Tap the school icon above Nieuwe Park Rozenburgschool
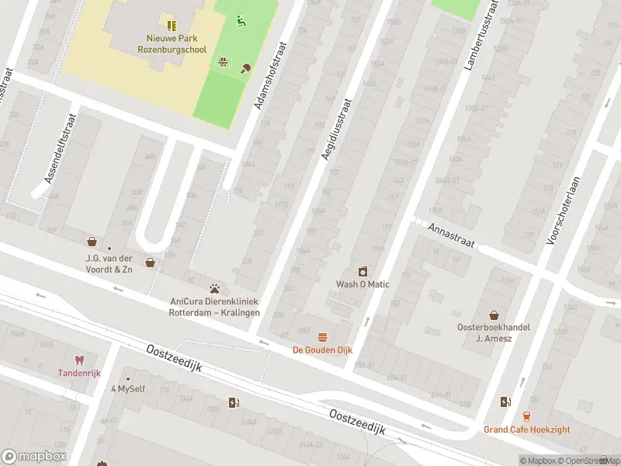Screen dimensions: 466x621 click(171, 26)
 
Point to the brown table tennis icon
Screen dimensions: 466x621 click(247, 68)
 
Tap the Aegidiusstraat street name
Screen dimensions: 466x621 click(335, 130)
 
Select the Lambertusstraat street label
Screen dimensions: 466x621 click(480, 36)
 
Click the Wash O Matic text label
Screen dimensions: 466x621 click(362, 283)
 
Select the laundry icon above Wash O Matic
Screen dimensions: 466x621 click(362, 271)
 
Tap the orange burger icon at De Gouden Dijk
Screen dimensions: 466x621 click(322, 337)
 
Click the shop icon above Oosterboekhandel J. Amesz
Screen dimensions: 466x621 click(493, 315)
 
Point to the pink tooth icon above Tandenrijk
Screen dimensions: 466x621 click(78, 360)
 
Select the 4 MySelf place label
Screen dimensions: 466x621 click(128, 388)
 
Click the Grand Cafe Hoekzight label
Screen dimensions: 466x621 click(526, 429)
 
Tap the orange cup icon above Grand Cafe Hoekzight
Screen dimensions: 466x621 click(526, 416)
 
